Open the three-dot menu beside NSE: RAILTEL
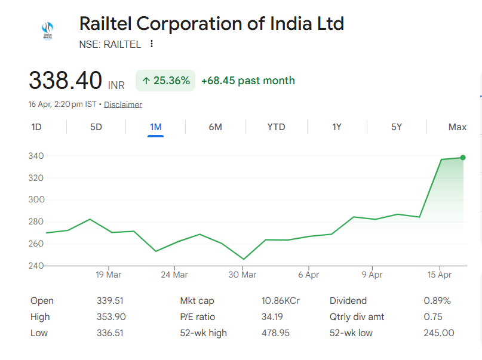152,44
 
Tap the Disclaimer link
123,104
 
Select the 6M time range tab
216,127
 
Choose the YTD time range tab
276,127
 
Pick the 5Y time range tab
397,127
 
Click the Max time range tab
457,127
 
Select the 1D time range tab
36,127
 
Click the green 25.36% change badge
165,81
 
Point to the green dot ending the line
463,158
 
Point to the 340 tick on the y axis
36,156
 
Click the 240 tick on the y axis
36,266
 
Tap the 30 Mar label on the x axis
242,275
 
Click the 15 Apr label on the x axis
440,275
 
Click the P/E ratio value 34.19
272,317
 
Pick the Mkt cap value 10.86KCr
280,301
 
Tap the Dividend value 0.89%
437,301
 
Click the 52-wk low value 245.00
439,333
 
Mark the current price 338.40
66,81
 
